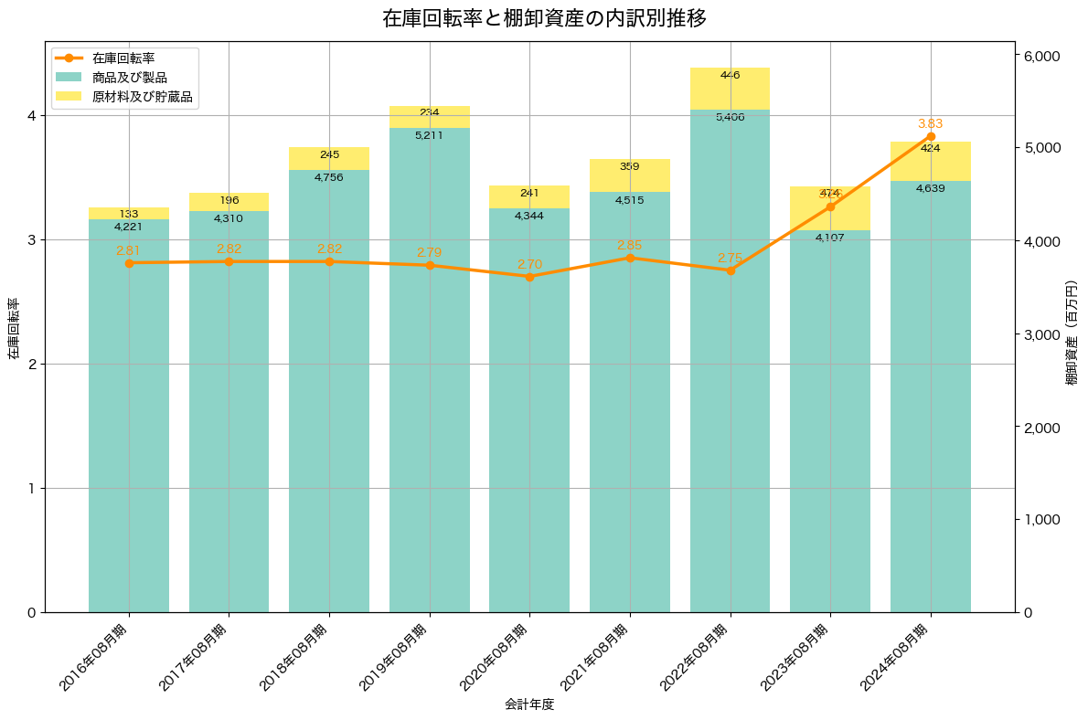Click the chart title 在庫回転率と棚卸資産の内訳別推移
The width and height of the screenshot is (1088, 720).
tap(544, 18)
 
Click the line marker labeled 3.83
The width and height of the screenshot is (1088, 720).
tap(931, 136)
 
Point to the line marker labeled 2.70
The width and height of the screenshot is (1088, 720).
tap(529, 277)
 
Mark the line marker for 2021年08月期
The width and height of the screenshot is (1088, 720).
tap(630, 258)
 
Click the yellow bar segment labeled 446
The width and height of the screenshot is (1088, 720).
tap(730, 89)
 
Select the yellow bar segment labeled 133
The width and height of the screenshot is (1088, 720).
tap(129, 213)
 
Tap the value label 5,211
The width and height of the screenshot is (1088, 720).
tap(429, 135)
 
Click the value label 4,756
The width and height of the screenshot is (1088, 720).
tap(329, 177)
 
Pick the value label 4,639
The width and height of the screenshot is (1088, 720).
tap(931, 188)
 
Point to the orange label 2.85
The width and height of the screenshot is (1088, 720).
tap(630, 245)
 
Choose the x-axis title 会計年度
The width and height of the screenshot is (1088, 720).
tap(529, 704)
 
